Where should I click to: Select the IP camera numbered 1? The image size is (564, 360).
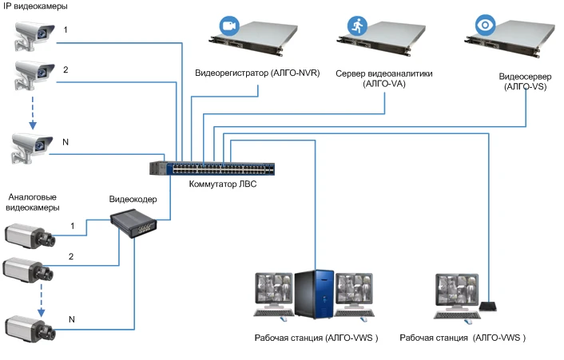(31, 34)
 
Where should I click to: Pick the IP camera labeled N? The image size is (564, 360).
(31, 147)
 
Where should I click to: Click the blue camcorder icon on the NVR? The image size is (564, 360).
(231, 26)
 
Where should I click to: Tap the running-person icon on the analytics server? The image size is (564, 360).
(355, 25)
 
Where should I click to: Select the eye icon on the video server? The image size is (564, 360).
(485, 25)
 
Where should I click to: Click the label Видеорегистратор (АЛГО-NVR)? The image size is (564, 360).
(257, 73)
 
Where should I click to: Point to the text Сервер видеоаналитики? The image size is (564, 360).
(384, 73)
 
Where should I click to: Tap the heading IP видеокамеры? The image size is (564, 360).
(35, 6)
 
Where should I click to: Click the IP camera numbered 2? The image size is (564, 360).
(31, 76)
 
